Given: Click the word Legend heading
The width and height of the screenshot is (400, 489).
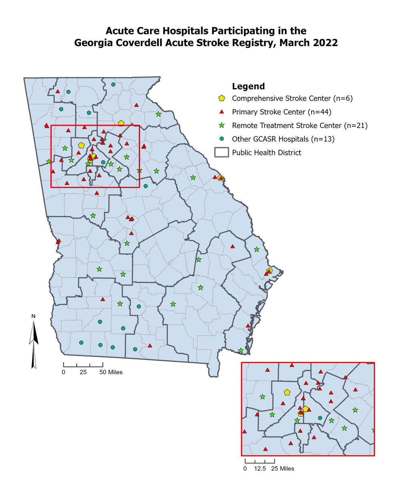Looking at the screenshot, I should click(248, 86).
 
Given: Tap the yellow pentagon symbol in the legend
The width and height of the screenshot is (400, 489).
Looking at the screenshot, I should click(222, 98).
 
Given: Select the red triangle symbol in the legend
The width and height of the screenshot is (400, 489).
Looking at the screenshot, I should click(222, 112).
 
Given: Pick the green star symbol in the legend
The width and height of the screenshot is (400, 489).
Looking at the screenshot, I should click(222, 126).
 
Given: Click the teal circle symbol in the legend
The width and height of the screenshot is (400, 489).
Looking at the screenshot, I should click(222, 139).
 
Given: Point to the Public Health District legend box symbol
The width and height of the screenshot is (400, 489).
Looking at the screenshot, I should click(222, 152).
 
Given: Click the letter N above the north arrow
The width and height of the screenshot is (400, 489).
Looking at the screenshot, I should click(34, 316).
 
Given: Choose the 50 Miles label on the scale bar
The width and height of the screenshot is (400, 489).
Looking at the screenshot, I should click(111, 372).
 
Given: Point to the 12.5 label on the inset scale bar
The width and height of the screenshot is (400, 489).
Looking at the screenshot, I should click(260, 468).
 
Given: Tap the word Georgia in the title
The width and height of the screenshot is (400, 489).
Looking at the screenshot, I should click(92, 42).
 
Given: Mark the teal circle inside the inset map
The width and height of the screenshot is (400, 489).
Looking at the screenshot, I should click(320, 418).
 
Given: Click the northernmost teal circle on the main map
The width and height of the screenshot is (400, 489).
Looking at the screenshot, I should click(113, 84).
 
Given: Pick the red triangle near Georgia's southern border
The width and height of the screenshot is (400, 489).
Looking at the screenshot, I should click(150, 345).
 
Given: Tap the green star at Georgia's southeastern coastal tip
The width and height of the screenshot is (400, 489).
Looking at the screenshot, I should click(241, 351).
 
